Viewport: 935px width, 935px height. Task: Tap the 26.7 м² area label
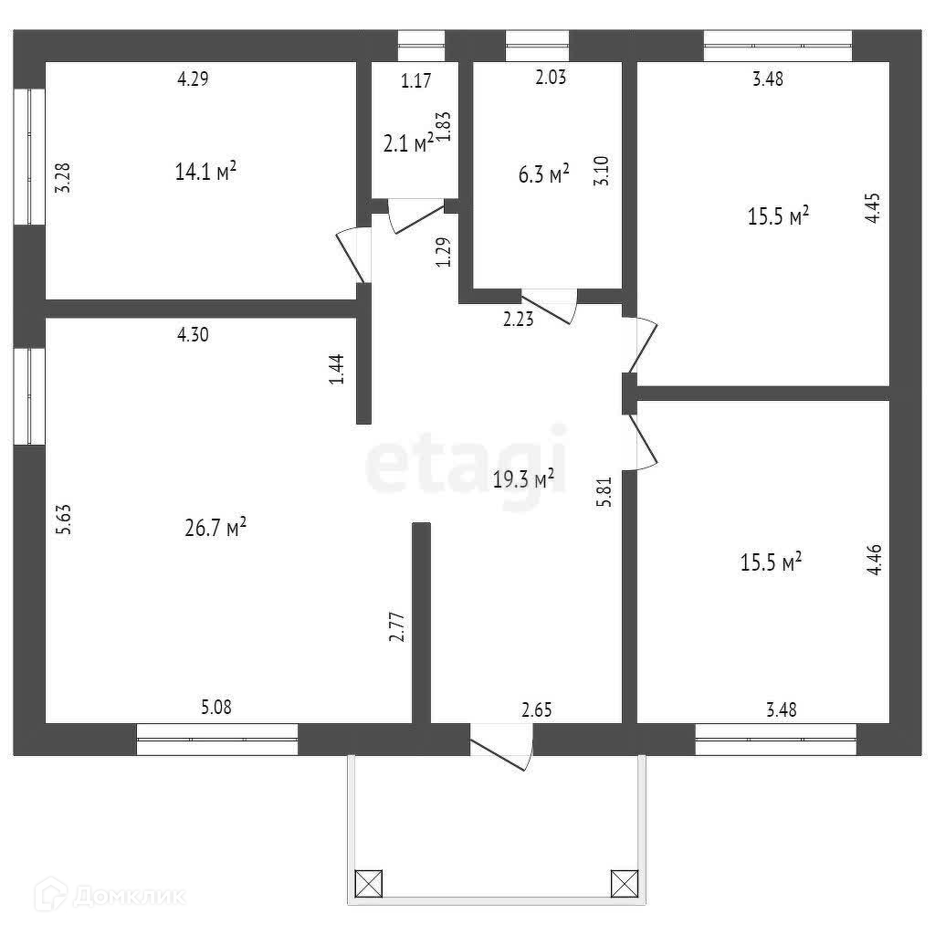click(216, 529)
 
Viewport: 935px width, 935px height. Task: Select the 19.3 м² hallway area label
click(524, 478)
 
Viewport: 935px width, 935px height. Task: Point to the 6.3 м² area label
click(544, 174)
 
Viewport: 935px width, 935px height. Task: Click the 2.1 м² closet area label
click(408, 143)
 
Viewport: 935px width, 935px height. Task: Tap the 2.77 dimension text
click(397, 627)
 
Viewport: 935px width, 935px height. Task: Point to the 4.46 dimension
click(875, 558)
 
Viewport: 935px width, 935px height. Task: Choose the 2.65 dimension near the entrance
click(538, 709)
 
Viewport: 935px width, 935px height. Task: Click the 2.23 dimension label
click(518, 319)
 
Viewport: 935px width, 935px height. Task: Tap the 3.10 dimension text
click(602, 171)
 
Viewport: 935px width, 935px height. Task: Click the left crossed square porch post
click(369, 883)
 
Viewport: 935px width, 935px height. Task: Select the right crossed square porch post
click(625, 883)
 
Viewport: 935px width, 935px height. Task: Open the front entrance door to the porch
click(500, 746)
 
